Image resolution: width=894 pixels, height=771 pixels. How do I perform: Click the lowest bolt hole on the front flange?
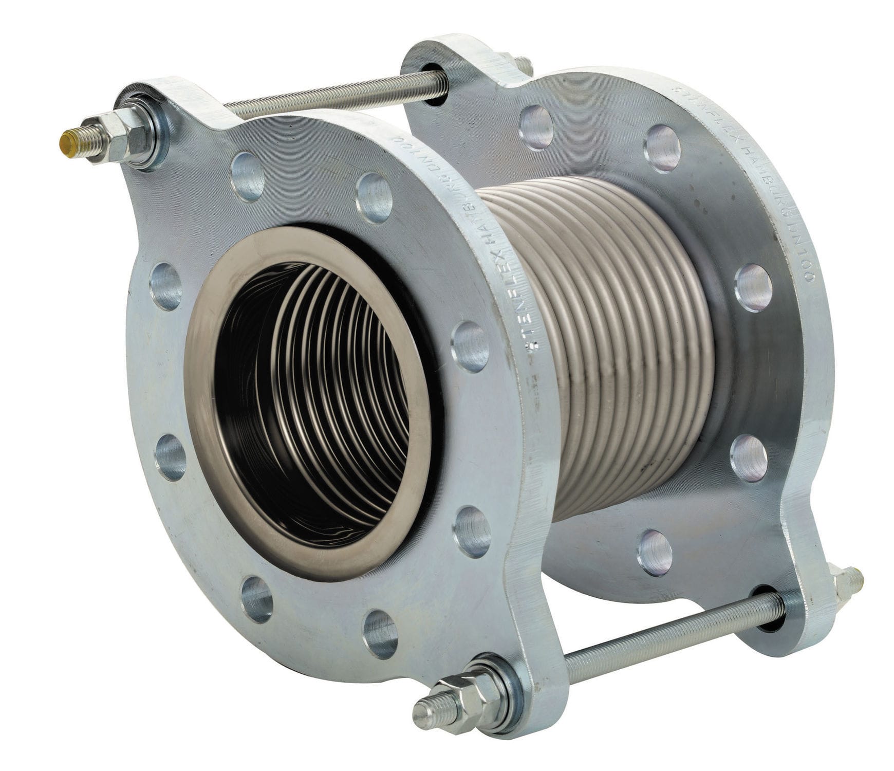coord(380,634)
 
